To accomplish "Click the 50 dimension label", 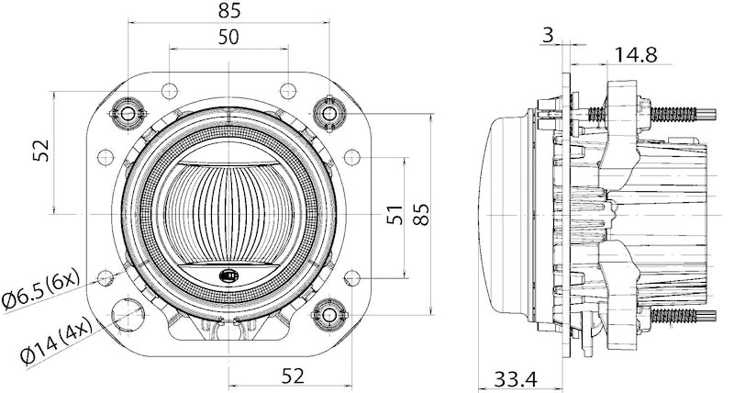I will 228,37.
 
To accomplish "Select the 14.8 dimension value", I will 636,55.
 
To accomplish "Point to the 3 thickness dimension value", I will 548,35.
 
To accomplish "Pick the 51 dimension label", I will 394,215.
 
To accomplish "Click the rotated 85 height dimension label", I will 420,215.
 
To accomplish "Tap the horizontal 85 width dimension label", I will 229,11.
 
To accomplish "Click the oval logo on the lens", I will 227,275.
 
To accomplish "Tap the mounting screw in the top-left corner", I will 126,113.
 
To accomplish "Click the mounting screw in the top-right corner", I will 328,112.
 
